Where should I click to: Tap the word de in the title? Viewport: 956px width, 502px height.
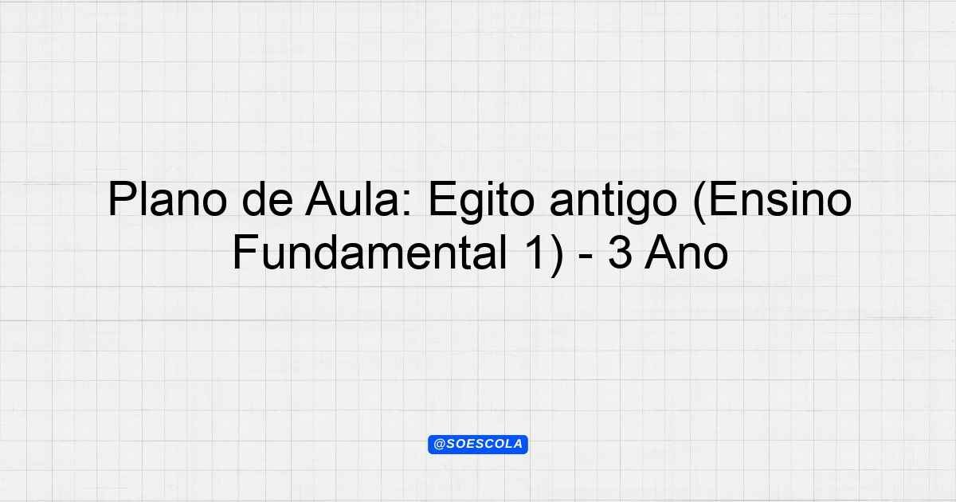click(x=268, y=200)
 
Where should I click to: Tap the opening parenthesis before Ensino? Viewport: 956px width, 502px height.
click(x=700, y=202)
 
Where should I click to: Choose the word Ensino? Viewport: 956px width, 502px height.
click(x=781, y=200)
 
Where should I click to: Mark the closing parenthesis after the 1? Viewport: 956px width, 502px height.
click(x=557, y=255)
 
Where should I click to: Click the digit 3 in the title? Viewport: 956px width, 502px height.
click(x=621, y=253)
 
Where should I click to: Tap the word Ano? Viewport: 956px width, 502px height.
click(x=686, y=253)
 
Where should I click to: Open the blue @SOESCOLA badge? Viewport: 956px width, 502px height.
click(x=478, y=445)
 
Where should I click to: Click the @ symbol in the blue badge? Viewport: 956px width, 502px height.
click(x=440, y=445)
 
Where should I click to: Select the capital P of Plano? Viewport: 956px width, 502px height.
click(x=123, y=199)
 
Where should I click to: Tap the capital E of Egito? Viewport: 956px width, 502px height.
click(x=441, y=199)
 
